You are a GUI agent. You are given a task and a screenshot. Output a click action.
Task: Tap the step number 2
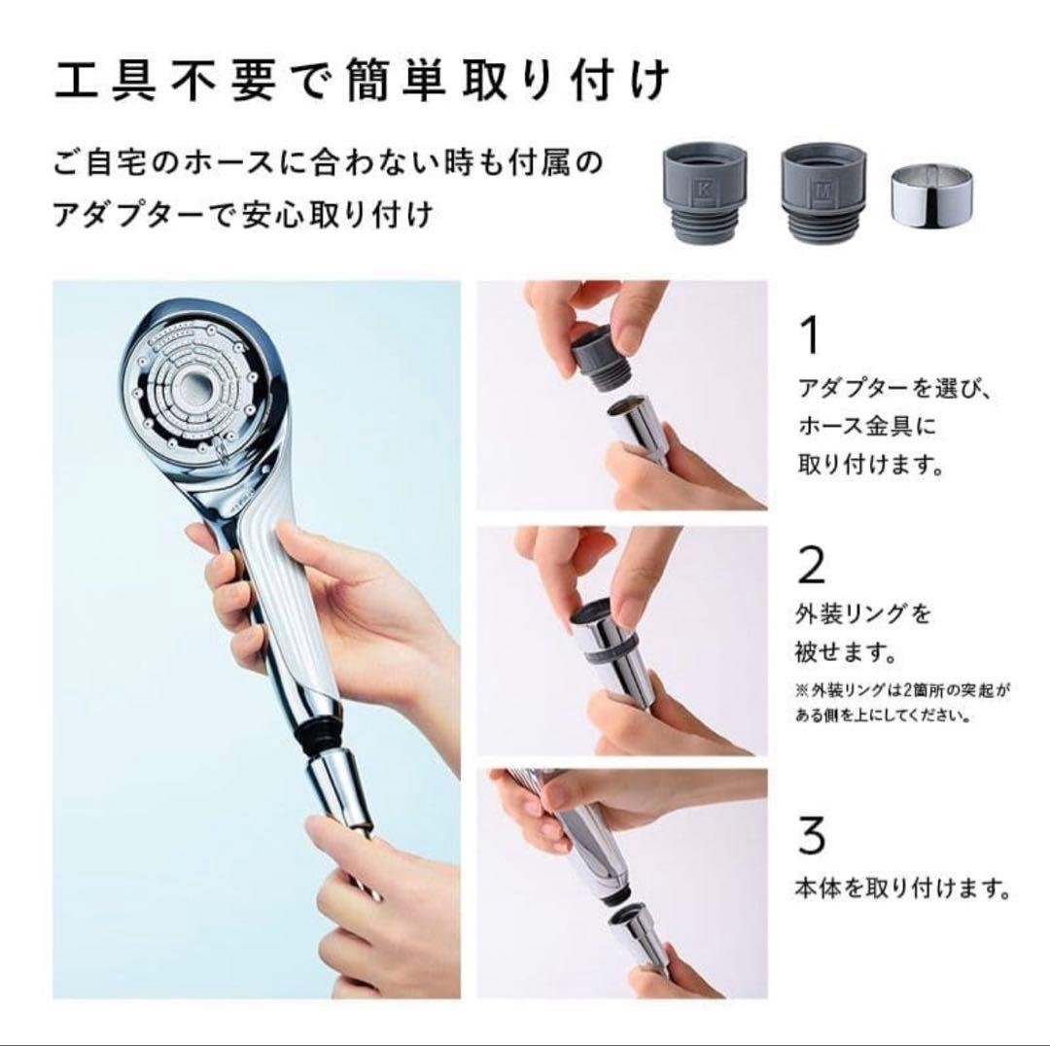coord(811,565)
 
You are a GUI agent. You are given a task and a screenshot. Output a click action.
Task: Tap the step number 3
coord(811,833)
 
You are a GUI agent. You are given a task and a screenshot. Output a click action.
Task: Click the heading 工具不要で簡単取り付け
coord(361,82)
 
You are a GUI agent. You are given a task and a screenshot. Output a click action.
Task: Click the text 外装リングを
coord(864,614)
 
